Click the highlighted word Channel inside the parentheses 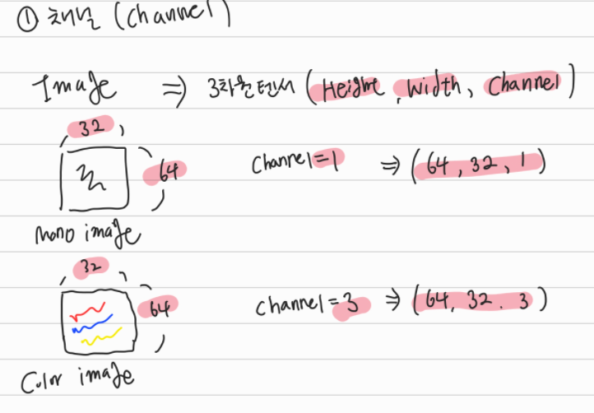(524, 86)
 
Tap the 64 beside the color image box (160, 309)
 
